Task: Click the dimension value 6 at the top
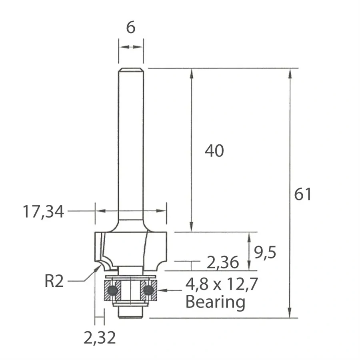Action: (x=131, y=28)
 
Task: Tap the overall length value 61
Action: (x=302, y=194)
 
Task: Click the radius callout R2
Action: (x=54, y=282)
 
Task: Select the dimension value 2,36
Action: (x=223, y=263)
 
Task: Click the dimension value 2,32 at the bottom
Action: (x=100, y=338)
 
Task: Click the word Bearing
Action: (x=215, y=302)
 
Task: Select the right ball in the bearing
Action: (x=149, y=290)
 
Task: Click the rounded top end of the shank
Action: (x=131, y=70)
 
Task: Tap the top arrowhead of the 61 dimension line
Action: (x=289, y=72)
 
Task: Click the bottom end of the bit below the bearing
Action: (x=131, y=315)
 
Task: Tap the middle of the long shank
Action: (x=131, y=144)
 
